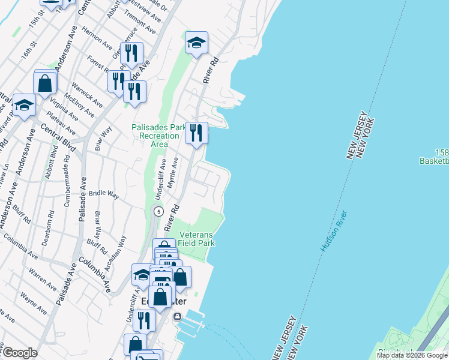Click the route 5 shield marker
158,211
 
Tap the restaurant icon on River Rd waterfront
196,133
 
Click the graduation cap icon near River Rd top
196,43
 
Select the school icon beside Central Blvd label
24,106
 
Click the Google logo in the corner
20,353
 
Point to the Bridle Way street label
104,194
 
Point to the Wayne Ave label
34,302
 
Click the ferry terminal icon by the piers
177,316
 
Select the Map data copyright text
412,355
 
